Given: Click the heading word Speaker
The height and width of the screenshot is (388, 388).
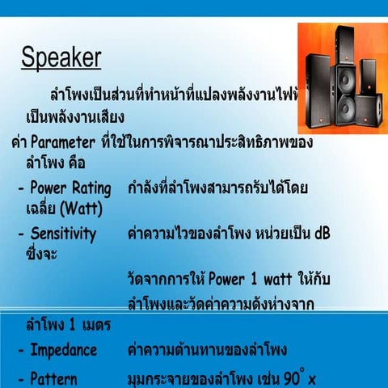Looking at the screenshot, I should tap(61, 58).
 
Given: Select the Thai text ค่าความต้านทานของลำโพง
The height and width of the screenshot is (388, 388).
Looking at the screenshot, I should tap(208, 350).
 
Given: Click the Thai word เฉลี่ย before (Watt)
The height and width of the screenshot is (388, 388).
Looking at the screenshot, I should tap(45, 208).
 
